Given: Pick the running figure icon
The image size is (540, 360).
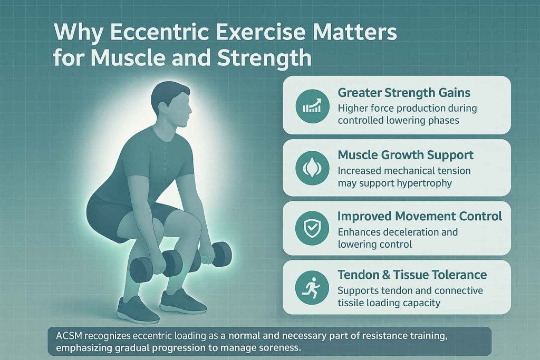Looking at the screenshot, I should pos(312,287).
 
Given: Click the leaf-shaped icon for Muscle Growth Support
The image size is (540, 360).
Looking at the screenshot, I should pos(312,167).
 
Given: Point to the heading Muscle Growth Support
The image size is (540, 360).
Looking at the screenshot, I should pos(406,155).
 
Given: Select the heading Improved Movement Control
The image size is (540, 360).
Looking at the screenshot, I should pos(420,216).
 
